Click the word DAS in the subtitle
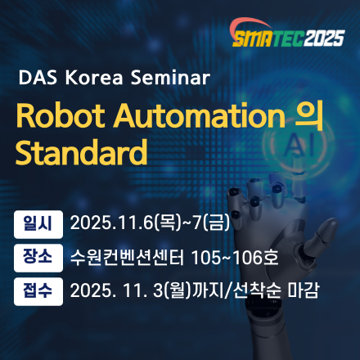point(36,79)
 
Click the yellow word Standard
point(80,153)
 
